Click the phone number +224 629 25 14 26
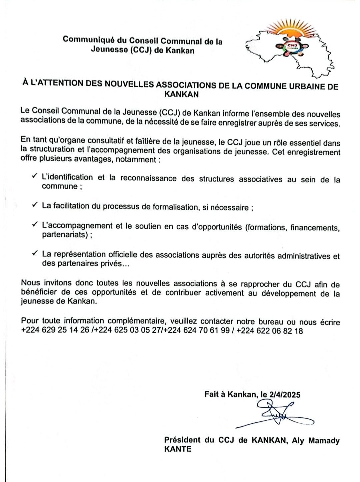click(55, 331)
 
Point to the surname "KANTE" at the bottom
click(178, 449)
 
